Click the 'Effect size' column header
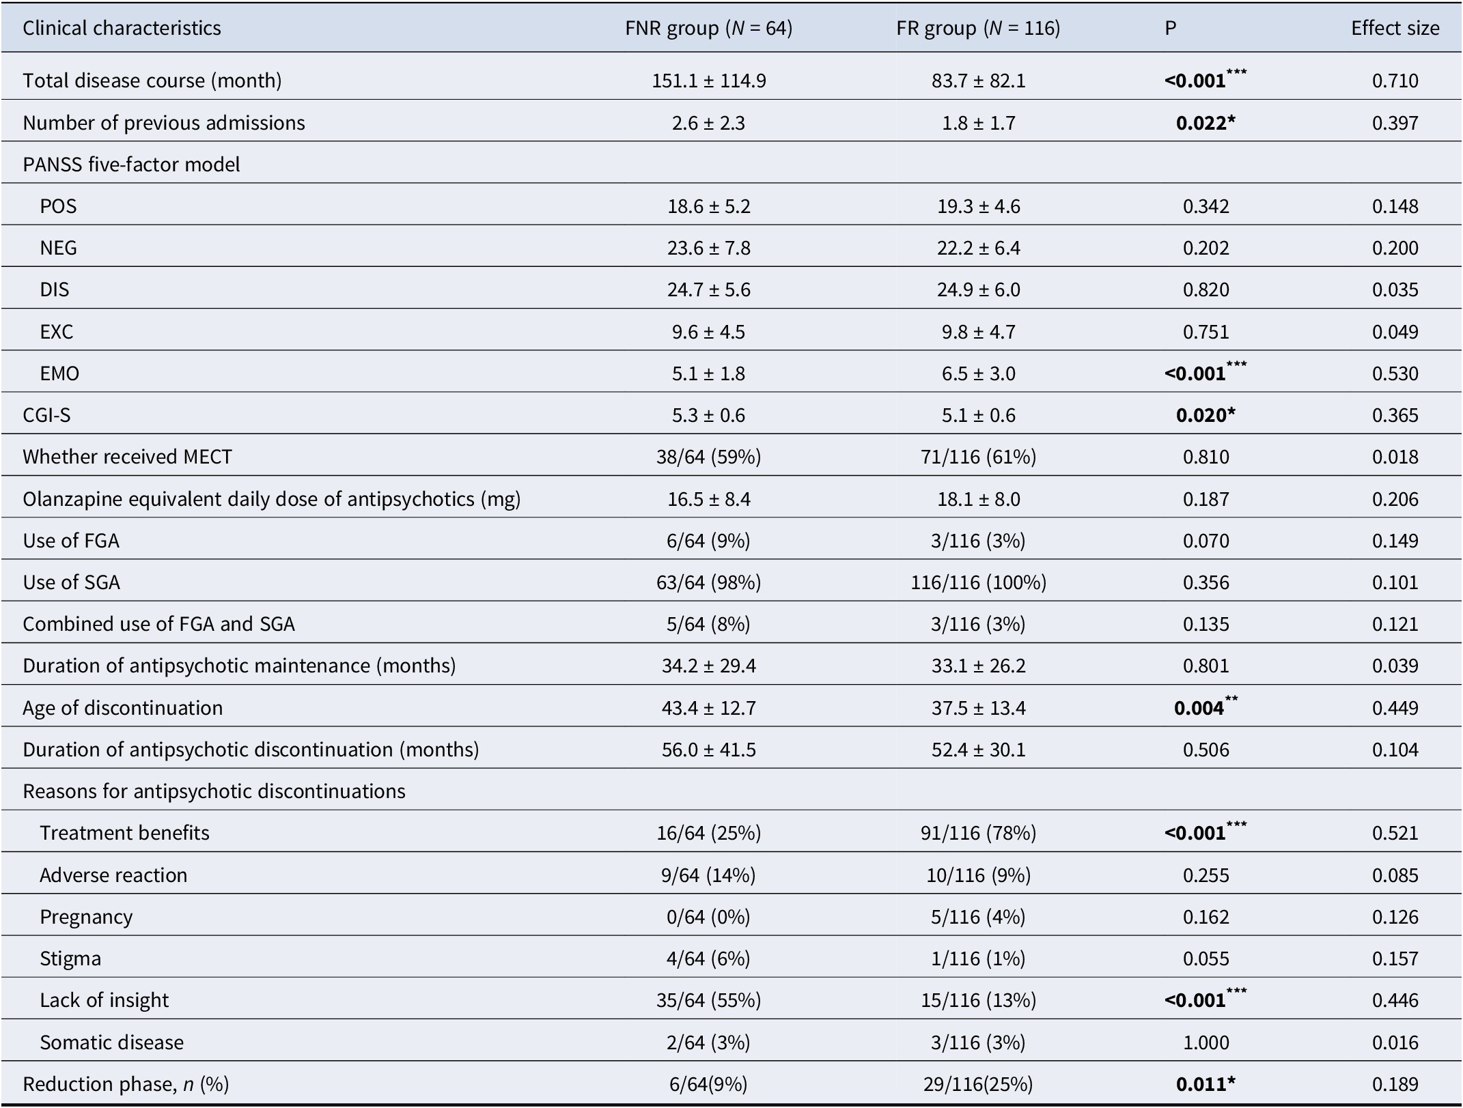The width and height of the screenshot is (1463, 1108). (x=1395, y=28)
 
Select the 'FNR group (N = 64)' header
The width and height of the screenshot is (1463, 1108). (x=708, y=28)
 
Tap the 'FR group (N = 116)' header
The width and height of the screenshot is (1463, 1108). (x=978, y=28)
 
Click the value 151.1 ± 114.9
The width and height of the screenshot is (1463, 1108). (x=708, y=81)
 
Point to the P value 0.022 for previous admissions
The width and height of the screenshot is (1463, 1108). (x=1206, y=123)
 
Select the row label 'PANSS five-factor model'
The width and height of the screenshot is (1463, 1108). (x=131, y=165)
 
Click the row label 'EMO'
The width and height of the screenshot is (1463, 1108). (x=59, y=373)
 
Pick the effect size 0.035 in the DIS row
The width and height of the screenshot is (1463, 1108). (x=1395, y=289)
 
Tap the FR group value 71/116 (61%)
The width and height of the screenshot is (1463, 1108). (x=978, y=457)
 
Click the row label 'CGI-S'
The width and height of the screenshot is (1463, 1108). (x=46, y=415)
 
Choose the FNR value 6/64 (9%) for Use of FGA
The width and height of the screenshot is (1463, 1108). (x=708, y=541)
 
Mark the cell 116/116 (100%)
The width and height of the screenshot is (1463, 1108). (x=978, y=582)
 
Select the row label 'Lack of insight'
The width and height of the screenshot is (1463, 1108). (x=104, y=1000)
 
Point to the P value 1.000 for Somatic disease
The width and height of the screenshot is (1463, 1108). (x=1206, y=1042)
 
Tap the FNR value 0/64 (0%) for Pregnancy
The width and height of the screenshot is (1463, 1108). (x=708, y=917)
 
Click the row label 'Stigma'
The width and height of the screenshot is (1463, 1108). (x=70, y=958)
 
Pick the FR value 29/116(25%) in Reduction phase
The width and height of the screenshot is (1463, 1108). (x=978, y=1084)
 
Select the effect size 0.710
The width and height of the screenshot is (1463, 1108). (x=1395, y=81)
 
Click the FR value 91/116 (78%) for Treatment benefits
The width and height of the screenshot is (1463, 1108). (x=978, y=833)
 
